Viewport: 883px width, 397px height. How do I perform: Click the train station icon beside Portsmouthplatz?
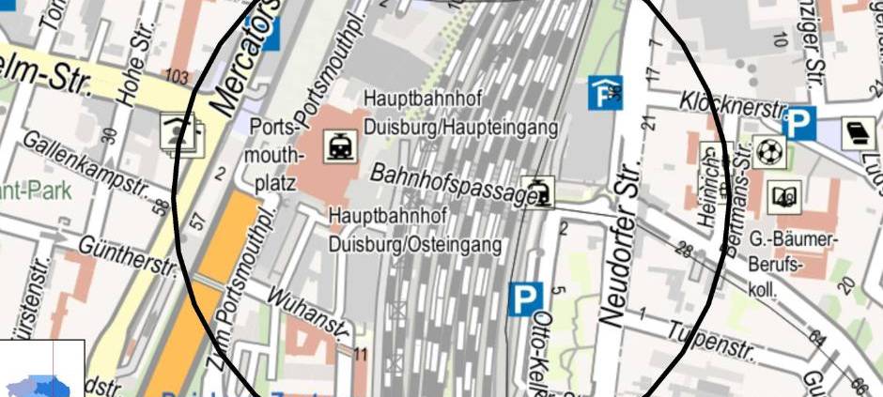pyautogui.click(x=339, y=145)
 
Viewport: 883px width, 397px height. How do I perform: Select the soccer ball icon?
pyautogui.click(x=767, y=150)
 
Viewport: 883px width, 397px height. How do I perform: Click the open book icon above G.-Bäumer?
pyautogui.click(x=784, y=196)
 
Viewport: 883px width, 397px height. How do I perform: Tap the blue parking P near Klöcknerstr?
pyautogui.click(x=799, y=122)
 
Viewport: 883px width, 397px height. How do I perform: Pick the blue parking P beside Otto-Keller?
pyautogui.click(x=526, y=299)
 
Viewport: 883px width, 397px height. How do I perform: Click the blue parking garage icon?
pyautogui.click(x=605, y=92)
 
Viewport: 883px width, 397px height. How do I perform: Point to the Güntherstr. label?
pyautogui.click(x=130, y=255)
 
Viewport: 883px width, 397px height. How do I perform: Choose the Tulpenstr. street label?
pyautogui.click(x=710, y=342)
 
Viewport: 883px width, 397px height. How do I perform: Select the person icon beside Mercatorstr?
pyautogui.click(x=180, y=133)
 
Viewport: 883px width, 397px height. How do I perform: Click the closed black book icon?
pyautogui.click(x=859, y=134)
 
